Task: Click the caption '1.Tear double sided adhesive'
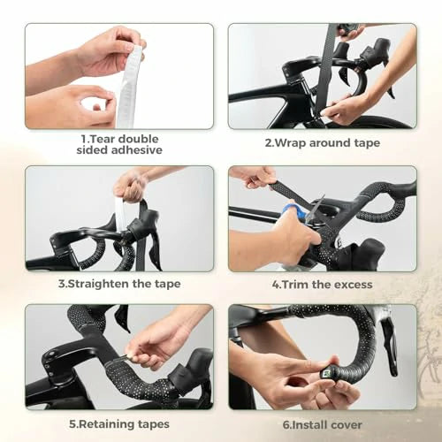point(119,143)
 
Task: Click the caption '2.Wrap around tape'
point(323,143)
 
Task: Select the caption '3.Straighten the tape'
point(119,284)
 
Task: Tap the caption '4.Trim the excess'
point(323,284)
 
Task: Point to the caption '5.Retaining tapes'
point(119,423)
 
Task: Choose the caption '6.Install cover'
point(323,423)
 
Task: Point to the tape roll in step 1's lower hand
point(99,104)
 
